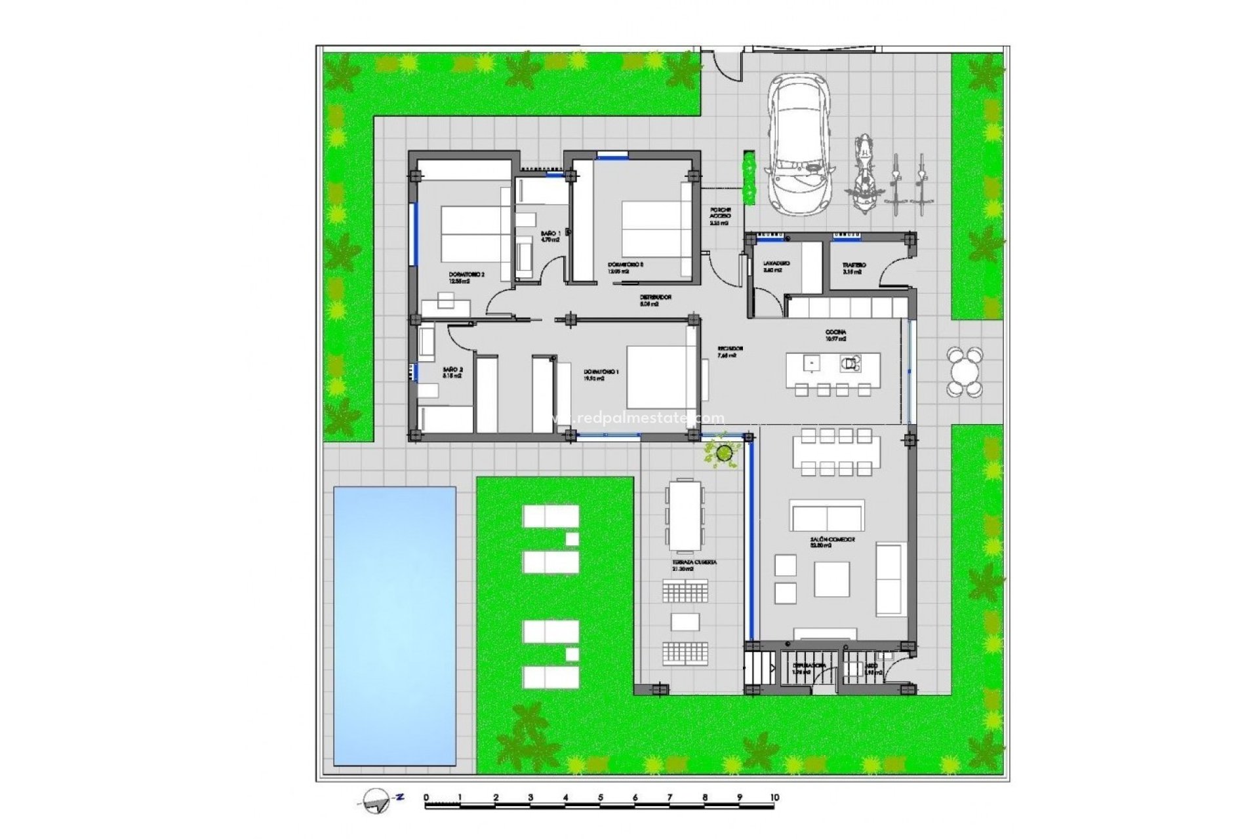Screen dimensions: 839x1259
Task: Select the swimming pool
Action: click(x=394, y=625)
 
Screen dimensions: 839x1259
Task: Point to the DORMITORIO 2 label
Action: click(x=466, y=277)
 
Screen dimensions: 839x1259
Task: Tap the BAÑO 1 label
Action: click(x=550, y=236)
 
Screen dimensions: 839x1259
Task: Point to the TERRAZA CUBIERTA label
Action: click(x=694, y=566)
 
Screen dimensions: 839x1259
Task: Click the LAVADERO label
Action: click(x=776, y=267)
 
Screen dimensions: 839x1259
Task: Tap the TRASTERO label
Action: click(x=854, y=268)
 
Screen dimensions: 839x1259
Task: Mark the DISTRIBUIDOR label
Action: click(x=656, y=300)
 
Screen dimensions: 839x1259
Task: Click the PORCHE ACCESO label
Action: click(x=720, y=216)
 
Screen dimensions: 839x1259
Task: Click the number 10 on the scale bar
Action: click(x=774, y=798)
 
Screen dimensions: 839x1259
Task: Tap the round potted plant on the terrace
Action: click(x=725, y=452)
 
